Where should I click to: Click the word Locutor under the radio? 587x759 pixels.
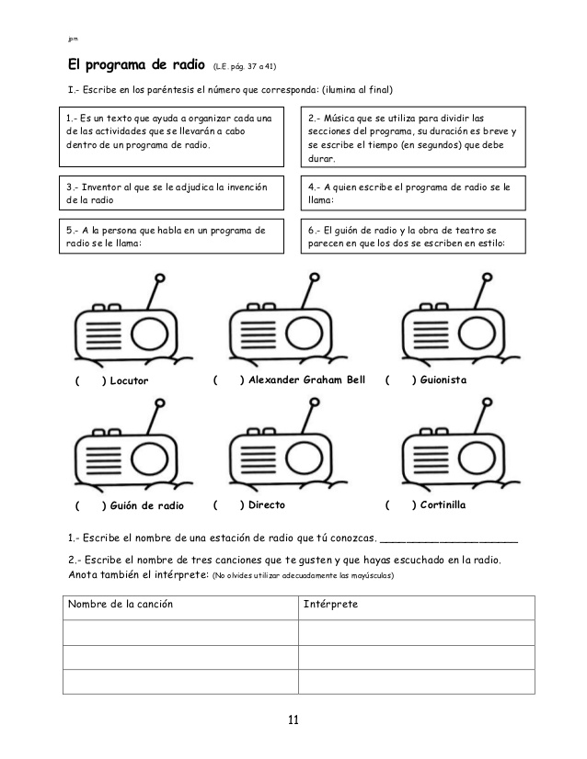129,380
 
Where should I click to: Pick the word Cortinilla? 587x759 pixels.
443,504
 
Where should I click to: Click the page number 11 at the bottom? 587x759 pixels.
293,719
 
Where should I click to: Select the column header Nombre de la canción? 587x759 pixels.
121,605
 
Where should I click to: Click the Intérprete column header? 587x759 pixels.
330,605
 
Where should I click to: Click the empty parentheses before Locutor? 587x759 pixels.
89,380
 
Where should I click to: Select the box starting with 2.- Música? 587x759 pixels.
413,138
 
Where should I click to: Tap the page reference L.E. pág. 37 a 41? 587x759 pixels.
244,67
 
